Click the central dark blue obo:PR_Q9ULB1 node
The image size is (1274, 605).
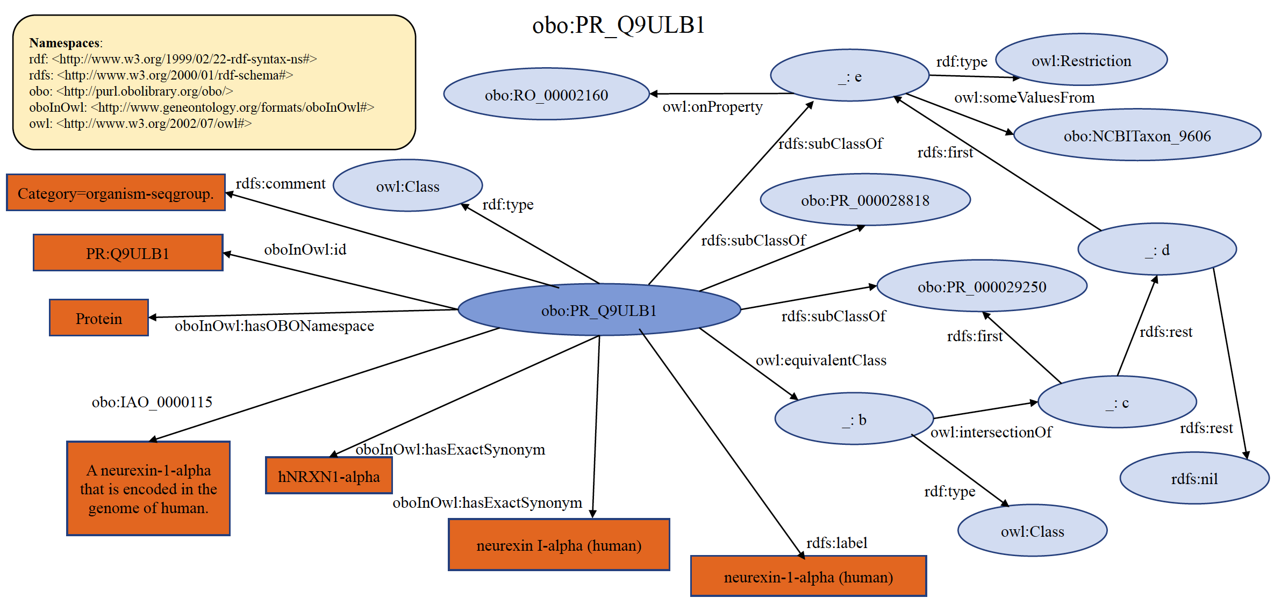599,310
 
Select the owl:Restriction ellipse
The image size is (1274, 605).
1081,60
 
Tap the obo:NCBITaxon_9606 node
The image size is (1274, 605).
1137,135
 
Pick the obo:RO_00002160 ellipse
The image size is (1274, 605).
546,95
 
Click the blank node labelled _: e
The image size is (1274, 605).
849,76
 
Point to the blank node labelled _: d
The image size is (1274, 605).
1157,249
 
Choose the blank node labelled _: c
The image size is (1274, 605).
1116,402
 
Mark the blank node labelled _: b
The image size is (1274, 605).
854,419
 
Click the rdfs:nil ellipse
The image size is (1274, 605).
1194,478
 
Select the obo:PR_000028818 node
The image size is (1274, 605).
865,200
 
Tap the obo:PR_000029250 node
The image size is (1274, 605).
982,286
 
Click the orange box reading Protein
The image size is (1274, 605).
99,318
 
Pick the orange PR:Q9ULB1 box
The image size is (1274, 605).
128,253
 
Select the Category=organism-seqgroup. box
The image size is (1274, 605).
116,193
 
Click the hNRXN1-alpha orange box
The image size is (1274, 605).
328,476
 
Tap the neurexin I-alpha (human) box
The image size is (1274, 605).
559,545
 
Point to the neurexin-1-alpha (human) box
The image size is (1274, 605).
808,577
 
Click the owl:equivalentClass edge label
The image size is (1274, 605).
821,360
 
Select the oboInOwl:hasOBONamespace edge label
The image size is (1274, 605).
274,326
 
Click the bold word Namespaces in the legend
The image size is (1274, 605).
65,43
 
